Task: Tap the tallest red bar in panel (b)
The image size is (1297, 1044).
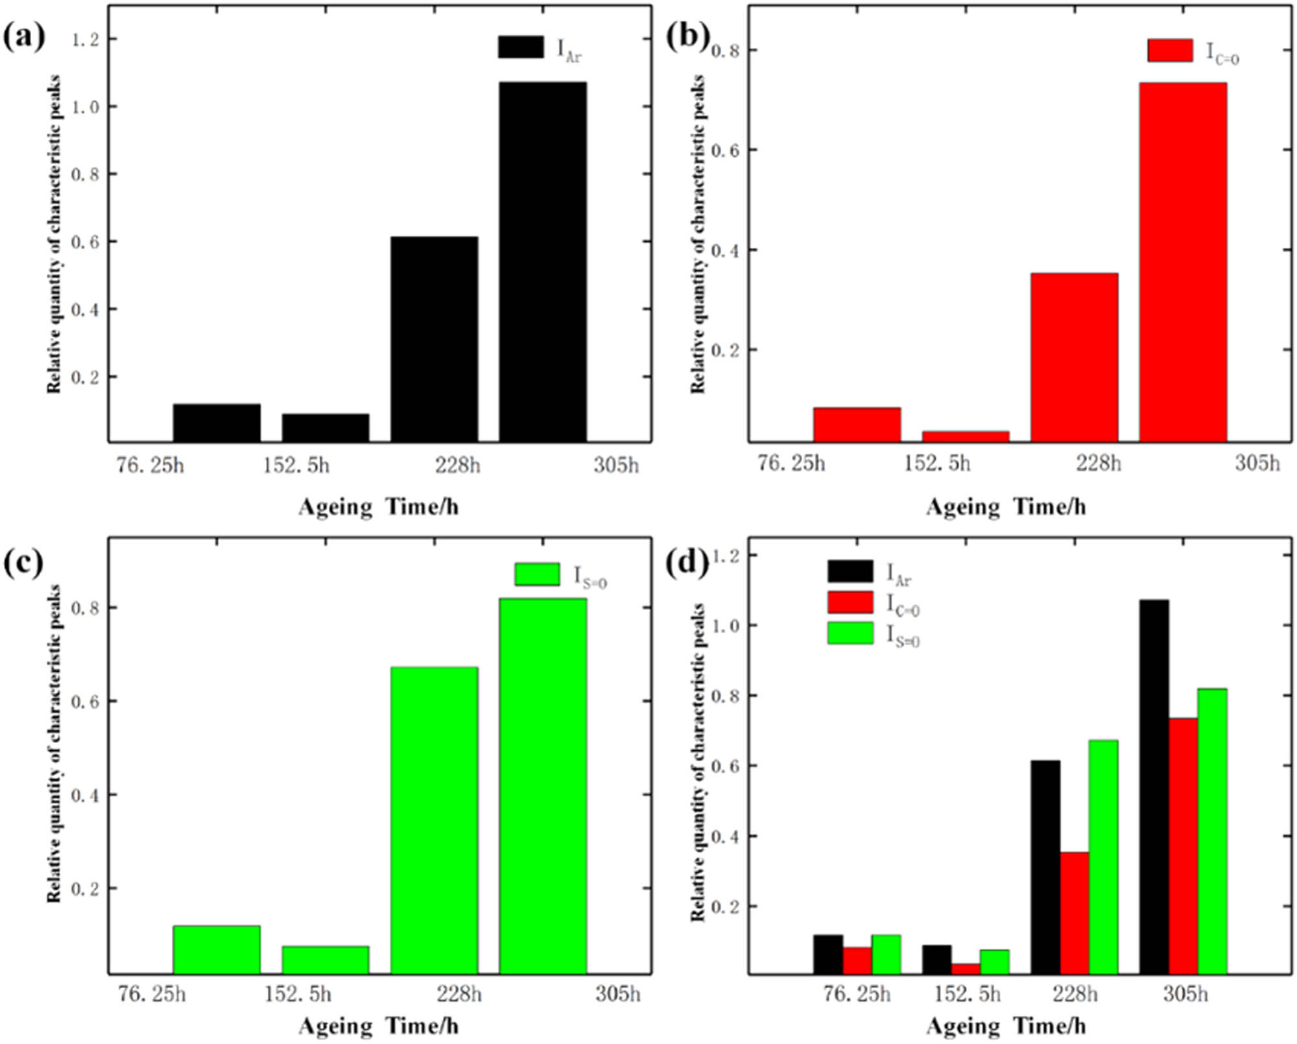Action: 1183,262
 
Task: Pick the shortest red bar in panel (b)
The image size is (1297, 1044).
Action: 966,436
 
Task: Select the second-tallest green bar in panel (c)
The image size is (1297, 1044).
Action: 434,820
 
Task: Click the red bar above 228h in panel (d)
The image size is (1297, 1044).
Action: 1075,913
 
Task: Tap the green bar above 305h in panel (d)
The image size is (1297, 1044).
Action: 1212,831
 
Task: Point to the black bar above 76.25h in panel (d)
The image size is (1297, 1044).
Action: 828,954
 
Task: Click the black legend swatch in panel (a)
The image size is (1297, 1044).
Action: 521,47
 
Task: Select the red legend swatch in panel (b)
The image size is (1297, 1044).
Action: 1170,51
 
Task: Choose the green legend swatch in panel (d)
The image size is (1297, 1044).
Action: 850,634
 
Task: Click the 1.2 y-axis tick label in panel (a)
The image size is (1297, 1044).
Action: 86,40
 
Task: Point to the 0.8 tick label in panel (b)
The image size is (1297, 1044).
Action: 726,51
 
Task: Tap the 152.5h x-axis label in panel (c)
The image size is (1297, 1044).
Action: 298,993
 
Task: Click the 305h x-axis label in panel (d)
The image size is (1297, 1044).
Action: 1185,993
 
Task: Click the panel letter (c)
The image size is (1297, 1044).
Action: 24,563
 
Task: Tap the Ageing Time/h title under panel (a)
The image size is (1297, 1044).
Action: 379,506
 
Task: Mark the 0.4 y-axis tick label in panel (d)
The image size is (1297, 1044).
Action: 726,837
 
